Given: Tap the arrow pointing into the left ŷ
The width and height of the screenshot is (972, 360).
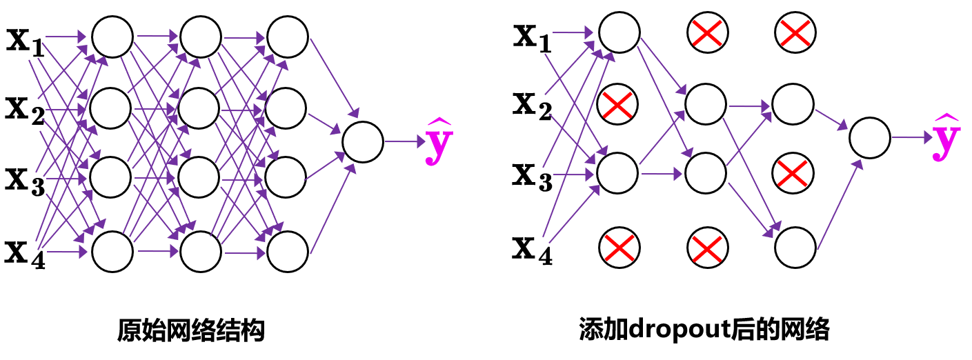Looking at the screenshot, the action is point(405,142).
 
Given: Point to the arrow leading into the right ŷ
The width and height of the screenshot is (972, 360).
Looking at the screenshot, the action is point(911,138).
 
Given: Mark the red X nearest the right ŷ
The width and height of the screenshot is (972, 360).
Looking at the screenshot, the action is point(792,173).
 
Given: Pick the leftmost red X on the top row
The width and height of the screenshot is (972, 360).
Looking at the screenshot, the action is point(707,32).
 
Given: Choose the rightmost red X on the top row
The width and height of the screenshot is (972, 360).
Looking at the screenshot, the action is point(795,32).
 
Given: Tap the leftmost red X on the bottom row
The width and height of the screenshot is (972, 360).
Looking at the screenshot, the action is point(619,248).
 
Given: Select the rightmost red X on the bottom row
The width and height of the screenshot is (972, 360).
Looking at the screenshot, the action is point(707,249).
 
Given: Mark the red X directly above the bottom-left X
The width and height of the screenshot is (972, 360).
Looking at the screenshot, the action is point(617,105).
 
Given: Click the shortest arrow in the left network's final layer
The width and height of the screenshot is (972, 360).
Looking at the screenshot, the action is point(324,123).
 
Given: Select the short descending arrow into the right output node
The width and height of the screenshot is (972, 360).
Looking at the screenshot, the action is point(831,119).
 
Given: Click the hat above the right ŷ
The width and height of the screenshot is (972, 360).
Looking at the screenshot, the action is point(946,118).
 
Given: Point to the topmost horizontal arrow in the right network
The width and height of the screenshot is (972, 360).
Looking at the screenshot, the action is point(572,32).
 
